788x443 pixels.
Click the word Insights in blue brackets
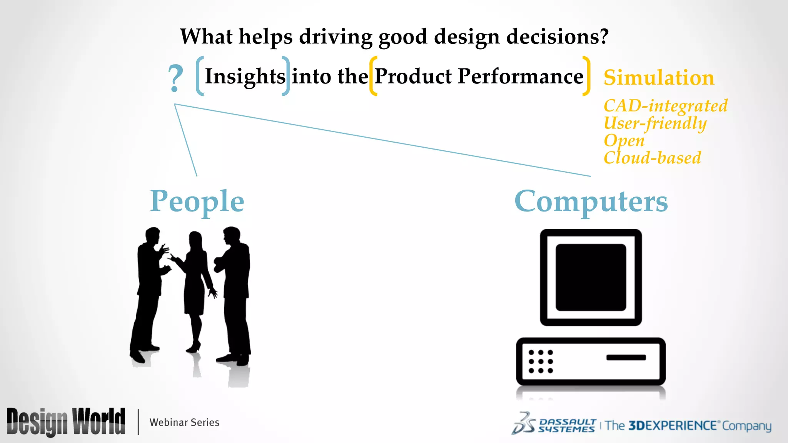[x=245, y=76]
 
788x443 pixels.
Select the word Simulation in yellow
[x=659, y=78]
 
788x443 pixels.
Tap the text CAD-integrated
[x=665, y=106]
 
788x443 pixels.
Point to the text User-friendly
[x=655, y=123]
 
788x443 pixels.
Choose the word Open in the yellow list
[x=624, y=141]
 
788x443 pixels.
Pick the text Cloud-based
[x=652, y=158]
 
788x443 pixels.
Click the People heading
[x=197, y=202]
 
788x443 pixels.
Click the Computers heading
[x=591, y=202]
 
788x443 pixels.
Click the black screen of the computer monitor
[x=591, y=277]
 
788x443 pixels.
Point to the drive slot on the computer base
[x=626, y=358]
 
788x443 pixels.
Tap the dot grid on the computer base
[x=541, y=361]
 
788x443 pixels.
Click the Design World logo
[x=66, y=422]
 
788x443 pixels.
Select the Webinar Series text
[x=184, y=422]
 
